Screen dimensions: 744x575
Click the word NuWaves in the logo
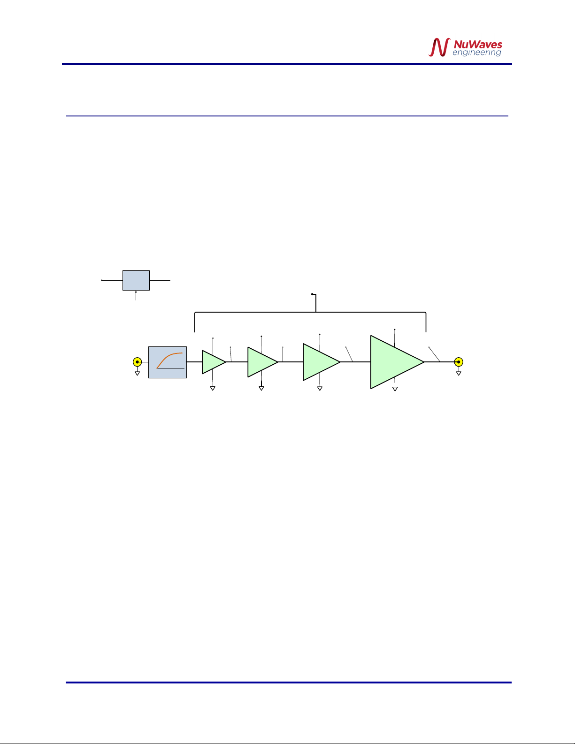(477, 45)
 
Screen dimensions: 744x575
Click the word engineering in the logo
(476, 53)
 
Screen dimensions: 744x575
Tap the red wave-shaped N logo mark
(439, 47)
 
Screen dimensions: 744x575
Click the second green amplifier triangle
(261, 362)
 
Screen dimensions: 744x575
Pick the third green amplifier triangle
(320, 362)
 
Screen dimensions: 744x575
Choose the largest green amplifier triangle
(394, 362)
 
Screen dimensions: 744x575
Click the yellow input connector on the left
(137, 362)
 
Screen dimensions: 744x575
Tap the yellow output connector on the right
(459, 362)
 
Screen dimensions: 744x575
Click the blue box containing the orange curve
(168, 362)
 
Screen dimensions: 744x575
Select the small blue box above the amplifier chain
(136, 280)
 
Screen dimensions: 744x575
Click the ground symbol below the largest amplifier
(395, 389)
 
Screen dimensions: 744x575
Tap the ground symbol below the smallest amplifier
(213, 388)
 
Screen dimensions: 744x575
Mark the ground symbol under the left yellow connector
(137, 373)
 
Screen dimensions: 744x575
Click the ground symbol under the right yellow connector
(459, 373)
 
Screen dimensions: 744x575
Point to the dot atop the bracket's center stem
(312, 294)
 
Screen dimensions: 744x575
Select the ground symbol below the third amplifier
(320, 388)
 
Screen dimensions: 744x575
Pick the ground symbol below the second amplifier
(261, 388)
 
